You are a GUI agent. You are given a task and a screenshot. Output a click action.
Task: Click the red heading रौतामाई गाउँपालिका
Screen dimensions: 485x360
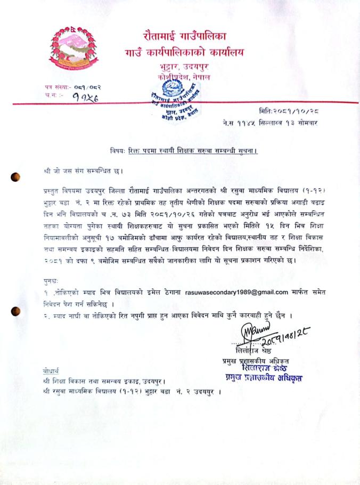click(x=184, y=37)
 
